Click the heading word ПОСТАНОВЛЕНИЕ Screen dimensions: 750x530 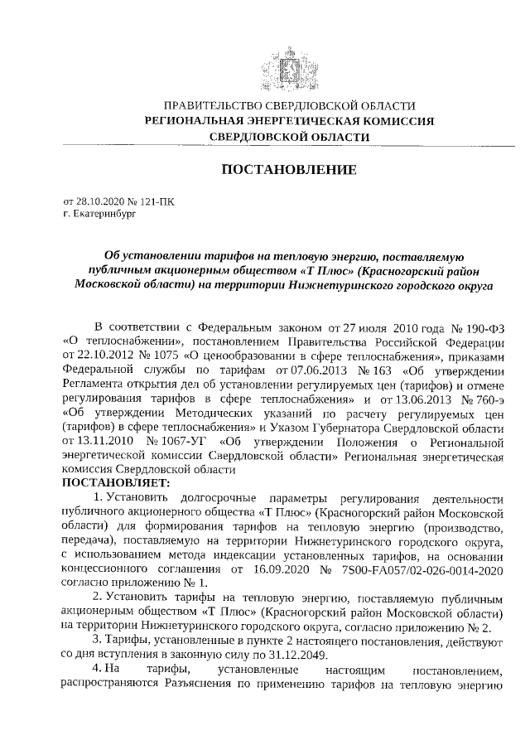click(289, 170)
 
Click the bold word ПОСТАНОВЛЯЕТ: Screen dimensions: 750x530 click(115, 481)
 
